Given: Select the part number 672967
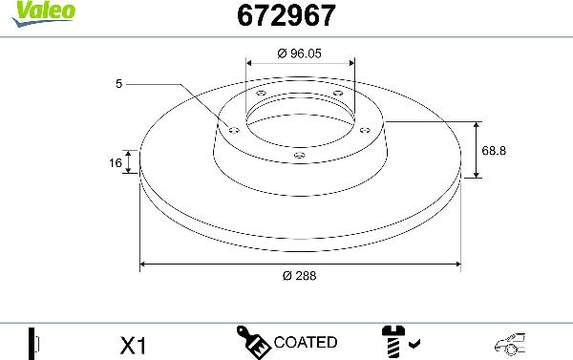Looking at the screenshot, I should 277,15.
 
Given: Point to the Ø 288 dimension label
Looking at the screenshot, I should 300,275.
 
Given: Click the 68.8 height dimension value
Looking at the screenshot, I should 495,151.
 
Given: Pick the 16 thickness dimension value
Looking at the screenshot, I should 116,163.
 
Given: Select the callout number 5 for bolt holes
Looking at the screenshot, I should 119,85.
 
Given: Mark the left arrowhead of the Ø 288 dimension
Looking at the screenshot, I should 144,263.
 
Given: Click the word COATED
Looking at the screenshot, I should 305,342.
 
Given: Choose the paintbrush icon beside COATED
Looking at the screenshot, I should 253,341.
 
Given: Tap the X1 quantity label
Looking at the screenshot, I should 134,344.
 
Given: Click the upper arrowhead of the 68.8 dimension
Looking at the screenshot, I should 476,125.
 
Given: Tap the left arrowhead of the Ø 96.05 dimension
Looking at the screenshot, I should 249,63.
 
